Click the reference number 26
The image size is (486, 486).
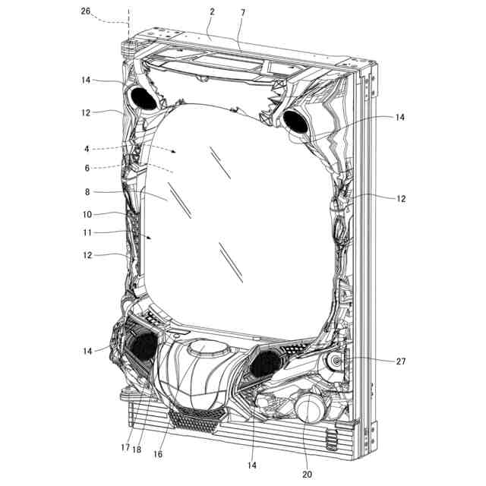86,11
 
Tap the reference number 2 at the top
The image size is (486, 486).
213,12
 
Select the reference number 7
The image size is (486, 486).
243,13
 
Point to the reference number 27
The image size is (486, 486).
400,361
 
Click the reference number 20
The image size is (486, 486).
307,474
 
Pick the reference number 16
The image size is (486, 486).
158,454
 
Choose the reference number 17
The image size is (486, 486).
125,447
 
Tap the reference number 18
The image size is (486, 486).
137,449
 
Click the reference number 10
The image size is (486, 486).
87,214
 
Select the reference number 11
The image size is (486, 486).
87,232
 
